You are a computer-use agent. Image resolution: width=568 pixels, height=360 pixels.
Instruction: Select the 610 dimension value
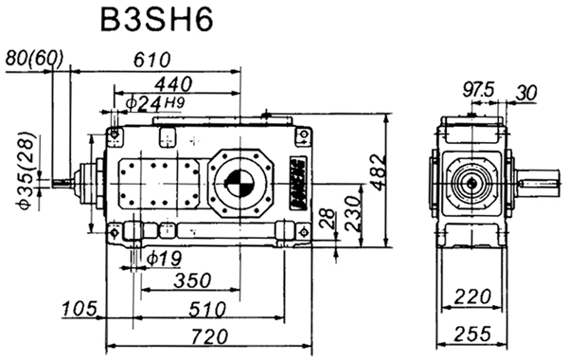point(151,60)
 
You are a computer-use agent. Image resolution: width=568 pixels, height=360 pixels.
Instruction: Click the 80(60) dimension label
point(34,59)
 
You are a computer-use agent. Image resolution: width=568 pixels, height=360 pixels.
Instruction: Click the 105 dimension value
point(80,309)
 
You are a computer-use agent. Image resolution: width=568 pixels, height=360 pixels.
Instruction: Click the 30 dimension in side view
point(527,92)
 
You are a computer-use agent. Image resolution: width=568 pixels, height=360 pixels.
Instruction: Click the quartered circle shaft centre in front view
point(239,182)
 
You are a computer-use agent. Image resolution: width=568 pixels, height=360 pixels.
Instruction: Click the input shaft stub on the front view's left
point(66,182)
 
